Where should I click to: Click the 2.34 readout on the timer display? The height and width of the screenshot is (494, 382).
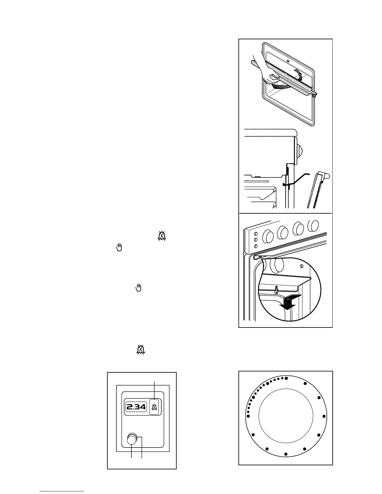point(136,407)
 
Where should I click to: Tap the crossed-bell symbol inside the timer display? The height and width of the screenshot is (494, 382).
point(154,407)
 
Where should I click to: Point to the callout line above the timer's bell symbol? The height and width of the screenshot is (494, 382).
point(154,390)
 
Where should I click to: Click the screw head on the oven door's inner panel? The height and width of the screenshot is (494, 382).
point(288,60)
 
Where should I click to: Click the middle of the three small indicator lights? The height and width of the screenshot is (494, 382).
point(256,240)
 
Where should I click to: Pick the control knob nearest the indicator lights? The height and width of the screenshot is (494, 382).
point(267,236)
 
